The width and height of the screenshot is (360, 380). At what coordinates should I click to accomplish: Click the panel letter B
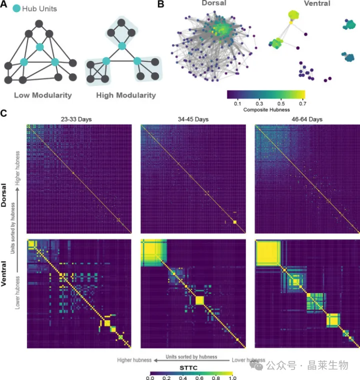tap(160, 4)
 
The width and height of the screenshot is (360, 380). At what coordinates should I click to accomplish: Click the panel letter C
tap(4, 113)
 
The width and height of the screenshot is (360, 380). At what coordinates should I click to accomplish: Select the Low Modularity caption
tap(40, 95)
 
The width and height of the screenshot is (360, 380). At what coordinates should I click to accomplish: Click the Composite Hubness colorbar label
tap(265, 109)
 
